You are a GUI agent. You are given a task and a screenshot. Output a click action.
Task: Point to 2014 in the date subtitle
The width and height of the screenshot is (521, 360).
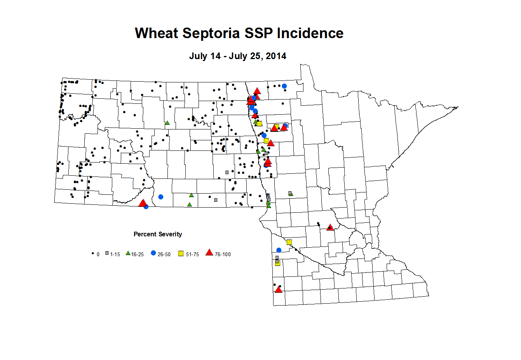click(276, 56)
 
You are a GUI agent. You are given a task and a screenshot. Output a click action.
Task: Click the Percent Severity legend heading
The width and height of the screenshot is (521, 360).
click(158, 234)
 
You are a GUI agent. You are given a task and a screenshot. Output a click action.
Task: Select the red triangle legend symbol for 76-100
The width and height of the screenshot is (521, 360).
click(209, 253)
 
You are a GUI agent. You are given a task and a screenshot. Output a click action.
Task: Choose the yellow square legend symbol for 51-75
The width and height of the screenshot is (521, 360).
click(181, 253)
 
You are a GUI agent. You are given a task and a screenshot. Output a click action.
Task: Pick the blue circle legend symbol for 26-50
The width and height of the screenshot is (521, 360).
click(153, 253)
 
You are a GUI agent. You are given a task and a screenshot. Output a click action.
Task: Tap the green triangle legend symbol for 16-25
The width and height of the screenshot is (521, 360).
click(128, 253)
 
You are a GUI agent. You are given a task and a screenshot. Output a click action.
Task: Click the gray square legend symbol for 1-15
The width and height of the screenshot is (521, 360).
click(107, 253)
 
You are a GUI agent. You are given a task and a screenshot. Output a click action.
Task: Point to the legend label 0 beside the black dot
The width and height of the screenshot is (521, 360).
click(98, 255)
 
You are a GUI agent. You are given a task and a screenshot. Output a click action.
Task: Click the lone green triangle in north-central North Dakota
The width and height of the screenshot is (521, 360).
click(167, 123)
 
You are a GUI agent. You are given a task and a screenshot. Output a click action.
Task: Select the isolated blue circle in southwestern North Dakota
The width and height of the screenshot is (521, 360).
click(161, 197)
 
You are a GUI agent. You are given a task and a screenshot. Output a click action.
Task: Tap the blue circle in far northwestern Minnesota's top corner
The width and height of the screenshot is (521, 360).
click(284, 86)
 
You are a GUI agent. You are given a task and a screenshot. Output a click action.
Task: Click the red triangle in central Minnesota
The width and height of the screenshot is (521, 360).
click(330, 227)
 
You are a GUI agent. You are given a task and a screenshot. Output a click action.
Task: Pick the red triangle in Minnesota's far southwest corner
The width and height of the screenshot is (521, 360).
click(278, 290)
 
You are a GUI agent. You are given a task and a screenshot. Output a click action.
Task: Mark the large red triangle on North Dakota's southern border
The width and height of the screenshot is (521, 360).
click(143, 203)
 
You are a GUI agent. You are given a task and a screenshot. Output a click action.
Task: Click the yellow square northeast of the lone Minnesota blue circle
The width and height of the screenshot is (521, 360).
click(289, 242)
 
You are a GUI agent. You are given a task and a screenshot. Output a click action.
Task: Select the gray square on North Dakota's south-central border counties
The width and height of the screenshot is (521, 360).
click(216, 200)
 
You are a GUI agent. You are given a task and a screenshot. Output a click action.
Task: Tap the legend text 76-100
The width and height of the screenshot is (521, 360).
click(223, 255)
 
